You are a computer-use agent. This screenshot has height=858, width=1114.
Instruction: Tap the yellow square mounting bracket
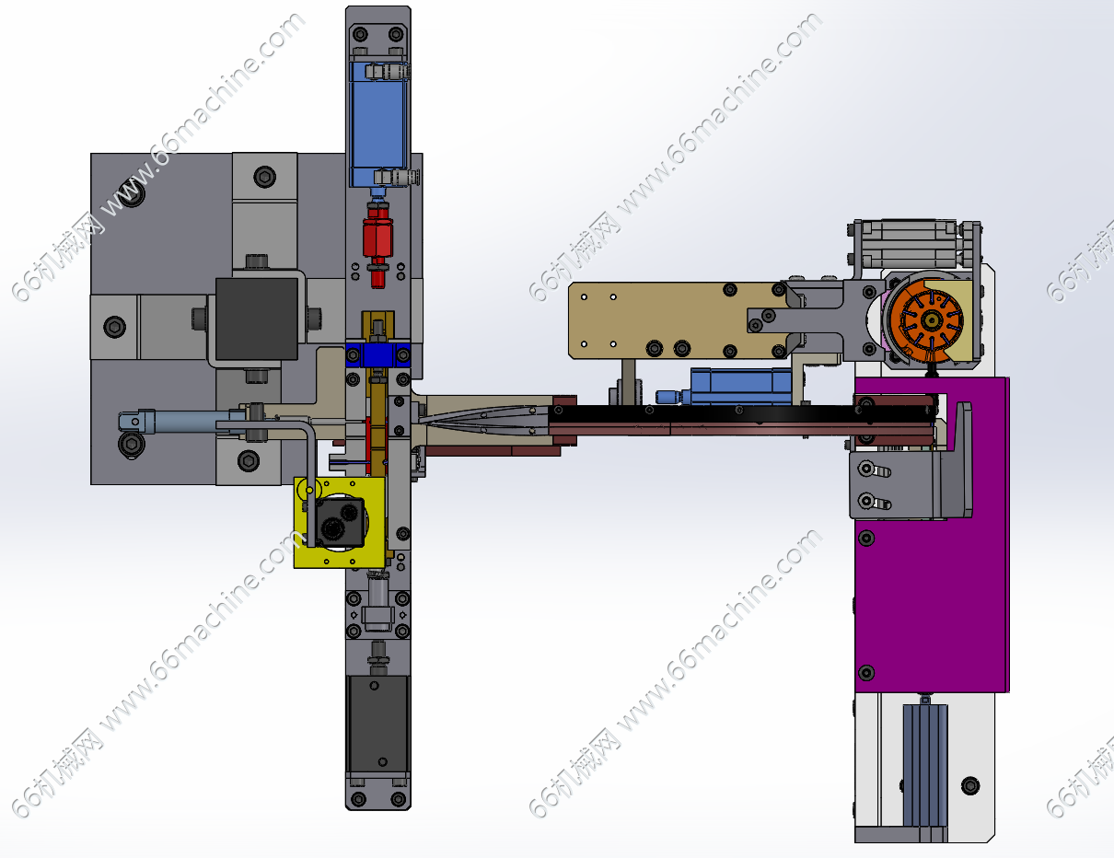(x=339, y=522)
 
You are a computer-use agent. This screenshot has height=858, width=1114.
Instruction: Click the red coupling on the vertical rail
(x=377, y=243)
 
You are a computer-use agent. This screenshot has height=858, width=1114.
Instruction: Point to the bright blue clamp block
(x=377, y=354)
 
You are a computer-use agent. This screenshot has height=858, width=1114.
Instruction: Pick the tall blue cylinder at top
(x=378, y=124)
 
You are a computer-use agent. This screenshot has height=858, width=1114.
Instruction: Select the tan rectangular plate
(x=677, y=320)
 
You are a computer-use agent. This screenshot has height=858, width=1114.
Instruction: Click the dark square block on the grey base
(x=256, y=319)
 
